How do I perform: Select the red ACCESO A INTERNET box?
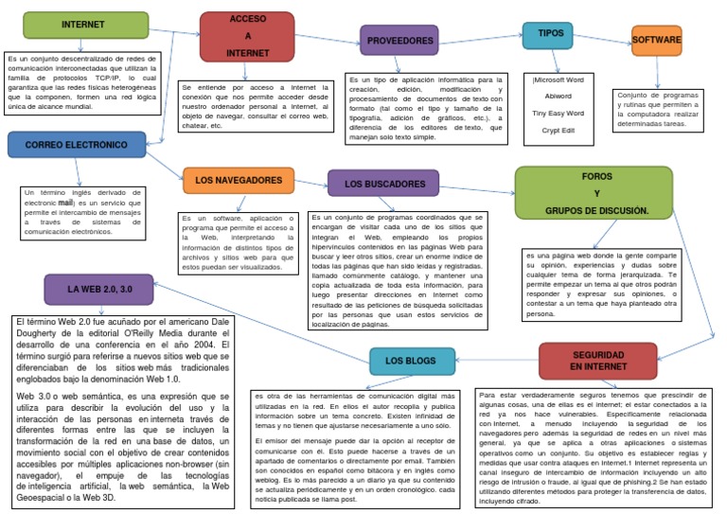[247, 36]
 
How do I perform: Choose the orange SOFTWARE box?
[657, 41]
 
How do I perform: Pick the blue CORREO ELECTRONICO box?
[77, 145]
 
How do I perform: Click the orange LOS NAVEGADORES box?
[238, 180]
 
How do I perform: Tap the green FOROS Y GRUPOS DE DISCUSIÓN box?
[594, 193]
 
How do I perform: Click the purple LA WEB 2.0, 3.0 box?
[98, 290]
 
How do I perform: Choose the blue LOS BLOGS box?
[411, 361]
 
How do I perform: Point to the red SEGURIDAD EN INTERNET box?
[597, 360]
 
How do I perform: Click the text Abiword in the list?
[558, 95]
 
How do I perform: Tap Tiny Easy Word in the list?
[558, 112]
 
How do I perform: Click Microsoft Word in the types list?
[558, 80]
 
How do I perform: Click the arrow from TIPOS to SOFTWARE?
[603, 37]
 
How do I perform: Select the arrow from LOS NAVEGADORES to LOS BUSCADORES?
[310, 181]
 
